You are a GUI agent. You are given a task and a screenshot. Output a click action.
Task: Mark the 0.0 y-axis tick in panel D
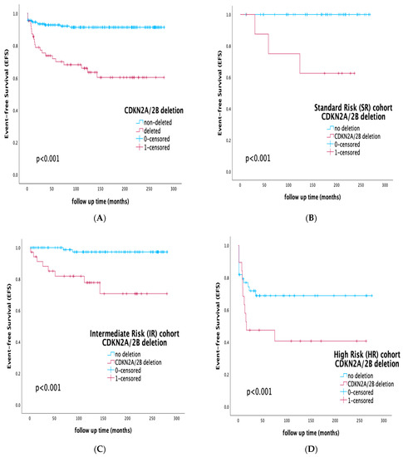(x=226, y=408)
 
